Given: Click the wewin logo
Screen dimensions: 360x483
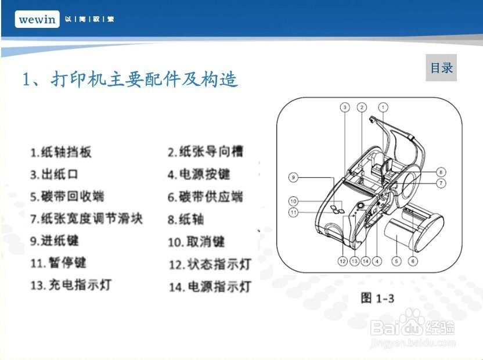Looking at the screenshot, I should [x=37, y=19].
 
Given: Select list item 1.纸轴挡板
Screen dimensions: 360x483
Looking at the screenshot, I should [x=61, y=153].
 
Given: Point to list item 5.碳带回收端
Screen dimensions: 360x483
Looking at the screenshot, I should [x=67, y=197].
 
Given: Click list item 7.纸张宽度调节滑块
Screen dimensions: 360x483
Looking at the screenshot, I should [x=86, y=219].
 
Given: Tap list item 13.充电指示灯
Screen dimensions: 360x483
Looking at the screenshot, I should [x=71, y=285].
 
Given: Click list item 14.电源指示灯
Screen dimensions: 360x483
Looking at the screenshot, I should [x=210, y=287].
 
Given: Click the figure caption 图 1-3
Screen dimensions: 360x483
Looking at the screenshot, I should [x=377, y=298].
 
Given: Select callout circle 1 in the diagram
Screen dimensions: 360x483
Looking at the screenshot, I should [x=383, y=107].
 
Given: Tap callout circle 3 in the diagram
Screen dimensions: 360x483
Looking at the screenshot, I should [x=344, y=107].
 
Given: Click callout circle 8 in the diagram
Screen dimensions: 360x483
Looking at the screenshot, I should [x=441, y=172].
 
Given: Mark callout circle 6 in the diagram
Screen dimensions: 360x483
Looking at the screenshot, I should [x=413, y=261].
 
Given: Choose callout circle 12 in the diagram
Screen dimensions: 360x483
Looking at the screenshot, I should [x=343, y=261].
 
